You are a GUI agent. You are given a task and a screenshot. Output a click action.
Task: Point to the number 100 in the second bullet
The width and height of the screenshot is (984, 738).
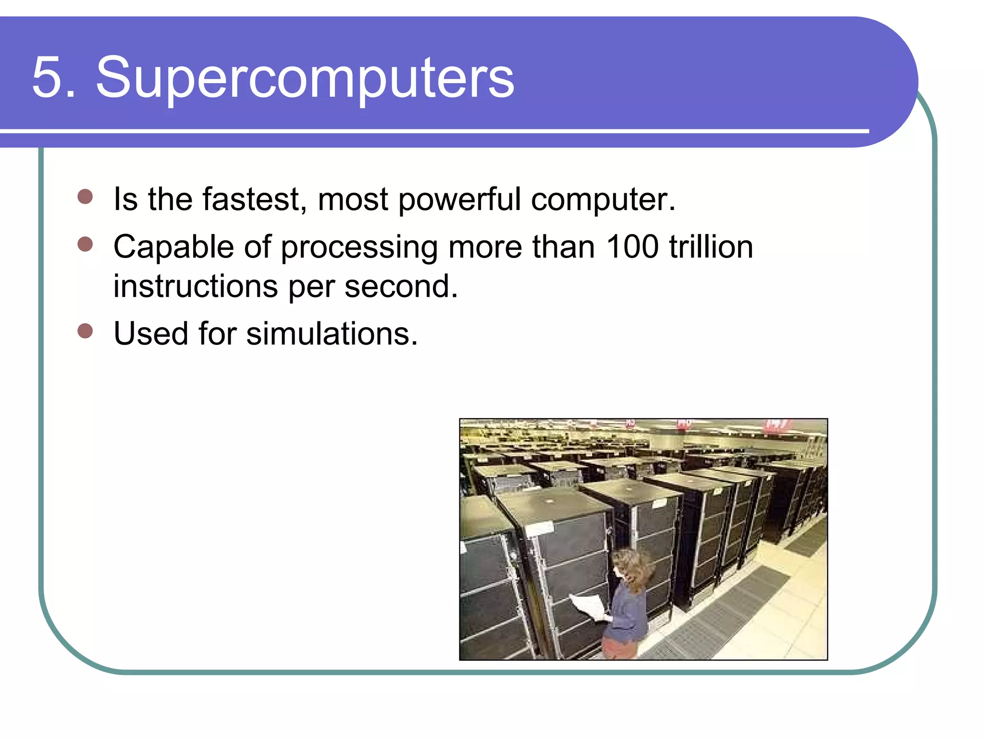pyautogui.click(x=632, y=247)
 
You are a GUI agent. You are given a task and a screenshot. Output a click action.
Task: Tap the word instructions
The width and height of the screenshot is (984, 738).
pyautogui.click(x=195, y=286)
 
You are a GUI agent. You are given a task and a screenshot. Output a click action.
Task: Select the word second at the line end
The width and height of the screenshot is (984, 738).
pyautogui.click(x=401, y=286)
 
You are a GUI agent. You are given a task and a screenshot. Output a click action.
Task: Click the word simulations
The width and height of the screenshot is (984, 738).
pyautogui.click(x=332, y=333)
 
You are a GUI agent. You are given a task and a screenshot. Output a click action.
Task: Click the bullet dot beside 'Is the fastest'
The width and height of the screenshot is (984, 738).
pyautogui.click(x=85, y=197)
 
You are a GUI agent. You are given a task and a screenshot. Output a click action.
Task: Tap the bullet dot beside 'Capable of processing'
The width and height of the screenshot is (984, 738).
pyautogui.click(x=85, y=244)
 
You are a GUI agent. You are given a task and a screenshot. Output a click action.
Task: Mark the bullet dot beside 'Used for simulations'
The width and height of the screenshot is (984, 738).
pyautogui.click(x=85, y=331)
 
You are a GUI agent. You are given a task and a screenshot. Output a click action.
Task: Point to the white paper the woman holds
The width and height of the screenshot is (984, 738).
pyautogui.click(x=589, y=606)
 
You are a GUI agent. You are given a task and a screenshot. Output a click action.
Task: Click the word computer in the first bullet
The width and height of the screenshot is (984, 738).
pyautogui.click(x=603, y=200)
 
